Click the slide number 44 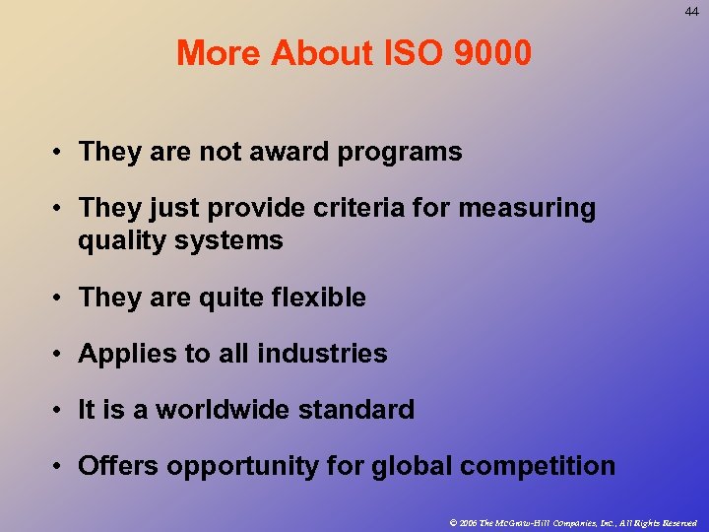[x=692, y=12]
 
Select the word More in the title [x=218, y=53]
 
